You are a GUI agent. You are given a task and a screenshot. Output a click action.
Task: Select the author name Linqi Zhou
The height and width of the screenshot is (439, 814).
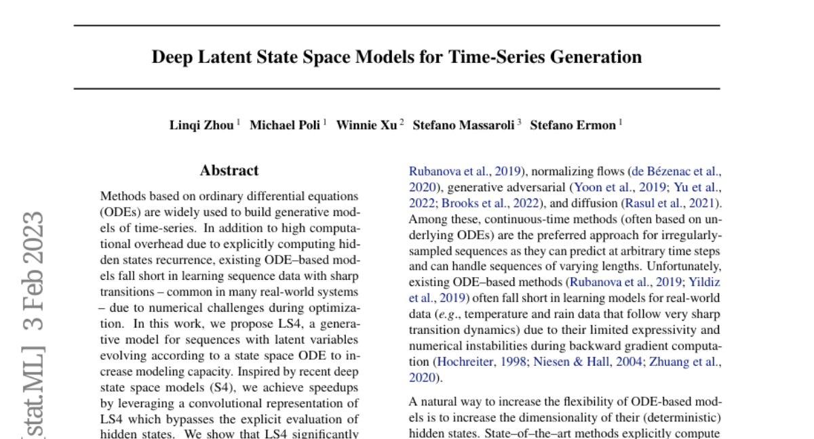202,125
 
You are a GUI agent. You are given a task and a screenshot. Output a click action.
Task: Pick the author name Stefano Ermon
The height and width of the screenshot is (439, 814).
573,125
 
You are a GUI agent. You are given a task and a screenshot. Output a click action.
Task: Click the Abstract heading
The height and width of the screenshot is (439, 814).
229,171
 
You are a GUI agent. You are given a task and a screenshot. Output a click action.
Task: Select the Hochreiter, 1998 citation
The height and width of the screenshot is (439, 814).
481,362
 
